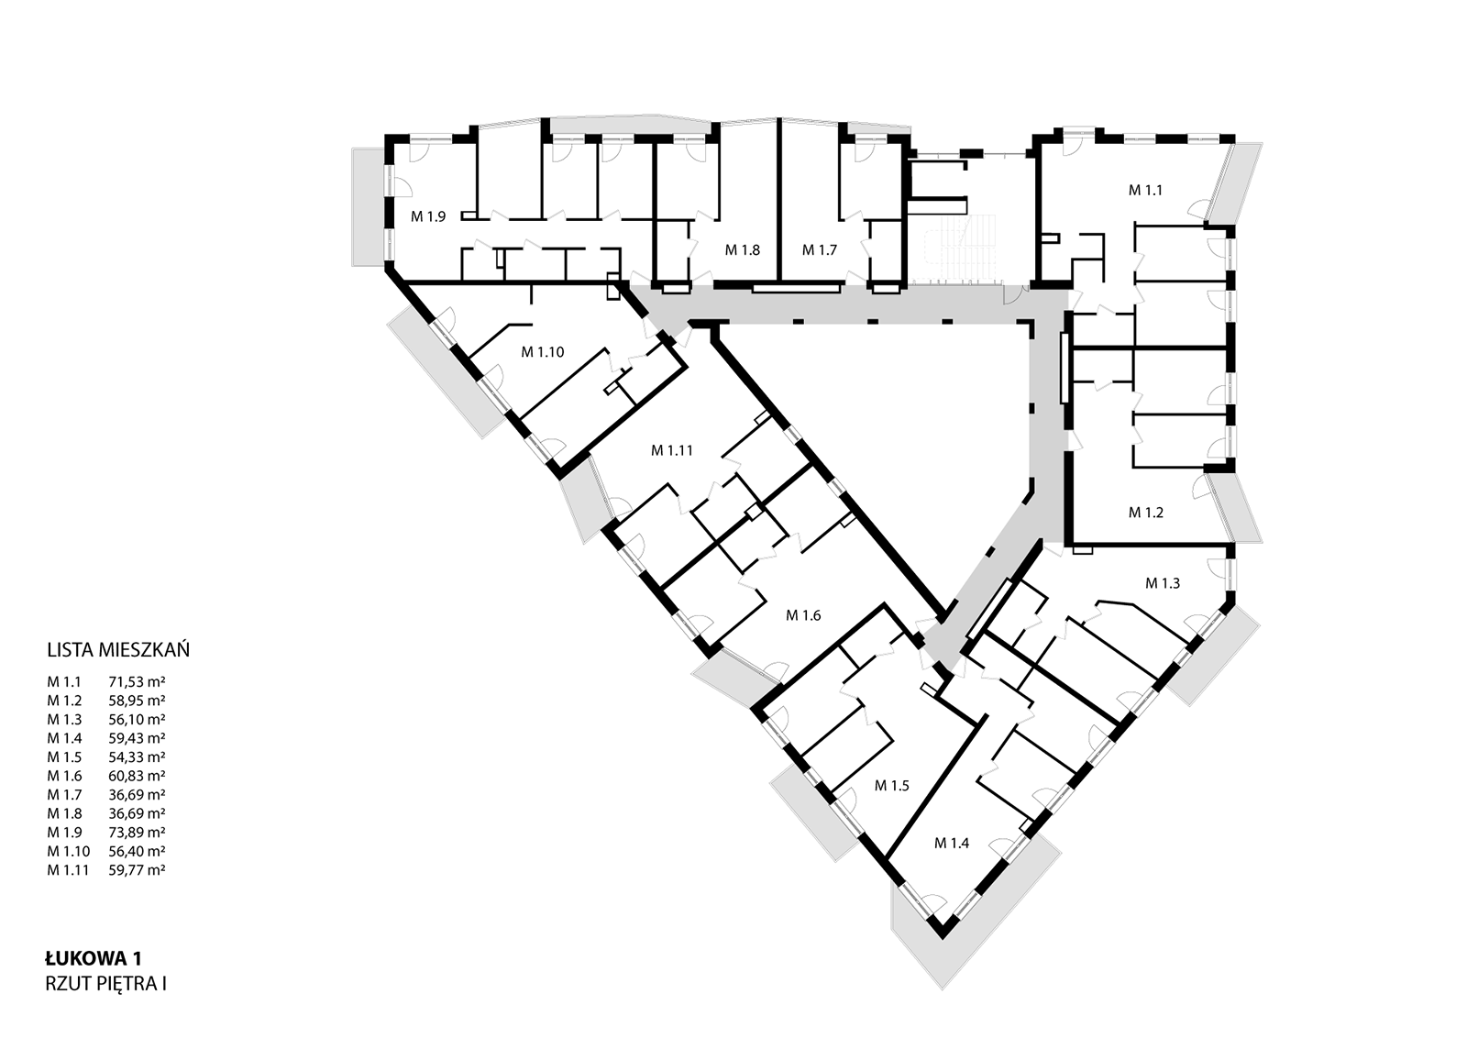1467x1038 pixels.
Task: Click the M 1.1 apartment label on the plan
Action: pyautogui.click(x=1145, y=191)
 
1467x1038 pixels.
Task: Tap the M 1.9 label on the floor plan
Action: pyautogui.click(x=428, y=216)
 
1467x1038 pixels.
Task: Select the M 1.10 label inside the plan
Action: pyautogui.click(x=542, y=352)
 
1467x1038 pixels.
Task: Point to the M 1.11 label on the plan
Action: pyautogui.click(x=671, y=450)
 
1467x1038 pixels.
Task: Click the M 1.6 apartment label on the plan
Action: pyautogui.click(x=803, y=615)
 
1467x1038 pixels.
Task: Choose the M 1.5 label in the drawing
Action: pyautogui.click(x=892, y=786)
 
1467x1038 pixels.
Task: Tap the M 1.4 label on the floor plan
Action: pyautogui.click(x=952, y=844)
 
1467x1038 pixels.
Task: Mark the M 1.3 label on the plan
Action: pyautogui.click(x=1163, y=583)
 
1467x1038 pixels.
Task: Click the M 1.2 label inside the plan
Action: pyautogui.click(x=1145, y=513)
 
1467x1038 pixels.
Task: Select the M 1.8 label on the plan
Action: pyautogui.click(x=742, y=250)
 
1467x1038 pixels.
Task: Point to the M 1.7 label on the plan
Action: pyautogui.click(x=820, y=250)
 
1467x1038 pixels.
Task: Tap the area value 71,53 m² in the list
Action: pyautogui.click(x=137, y=681)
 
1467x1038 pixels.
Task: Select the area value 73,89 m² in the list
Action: pyautogui.click(x=137, y=833)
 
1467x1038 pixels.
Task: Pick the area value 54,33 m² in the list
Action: pyautogui.click(x=137, y=757)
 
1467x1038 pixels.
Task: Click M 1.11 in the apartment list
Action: pyautogui.click(x=68, y=870)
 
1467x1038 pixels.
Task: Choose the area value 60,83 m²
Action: pyautogui.click(x=137, y=776)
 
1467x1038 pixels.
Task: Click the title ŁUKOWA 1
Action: pyautogui.click(x=93, y=959)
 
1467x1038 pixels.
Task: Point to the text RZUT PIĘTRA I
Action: pyautogui.click(x=105, y=984)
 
